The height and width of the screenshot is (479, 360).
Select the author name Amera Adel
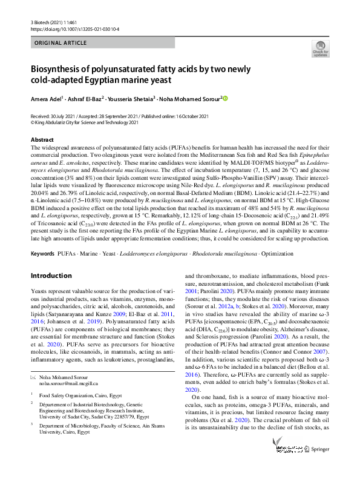(x=47, y=98)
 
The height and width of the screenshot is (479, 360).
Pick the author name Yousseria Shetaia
(x=135, y=98)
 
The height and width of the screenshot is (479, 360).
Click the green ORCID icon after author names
(x=226, y=98)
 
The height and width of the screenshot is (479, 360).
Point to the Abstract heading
(x=42, y=139)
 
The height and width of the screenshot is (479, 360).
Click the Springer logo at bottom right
(x=316, y=466)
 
